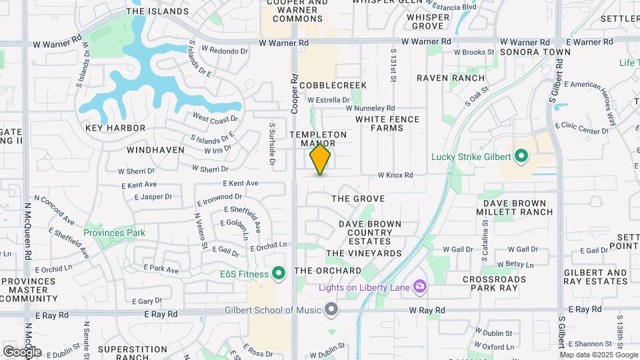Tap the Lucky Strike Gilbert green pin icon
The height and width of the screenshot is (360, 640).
521,157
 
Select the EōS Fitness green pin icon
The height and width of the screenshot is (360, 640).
279,273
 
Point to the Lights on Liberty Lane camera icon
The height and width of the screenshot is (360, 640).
420,287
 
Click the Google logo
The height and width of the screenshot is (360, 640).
22,351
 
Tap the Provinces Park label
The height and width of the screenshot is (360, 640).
114,233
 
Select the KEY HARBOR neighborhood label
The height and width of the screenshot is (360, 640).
115,127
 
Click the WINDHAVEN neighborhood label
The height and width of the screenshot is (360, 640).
155,150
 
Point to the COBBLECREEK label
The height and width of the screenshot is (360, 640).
333,85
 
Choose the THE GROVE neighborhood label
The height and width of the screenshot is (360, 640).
358,199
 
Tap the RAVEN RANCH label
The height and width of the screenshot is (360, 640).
451,78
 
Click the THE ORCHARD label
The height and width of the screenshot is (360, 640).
328,271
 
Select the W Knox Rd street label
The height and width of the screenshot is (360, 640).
395,175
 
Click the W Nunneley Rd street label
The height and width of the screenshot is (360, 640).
370,108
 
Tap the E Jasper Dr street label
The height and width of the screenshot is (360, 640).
153,197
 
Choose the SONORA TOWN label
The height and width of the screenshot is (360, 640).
535,51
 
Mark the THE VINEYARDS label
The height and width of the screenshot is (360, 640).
364,253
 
